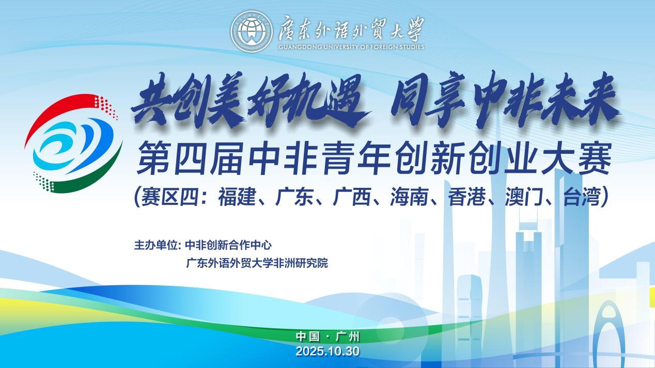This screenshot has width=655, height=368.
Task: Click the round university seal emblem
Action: pos(251,31)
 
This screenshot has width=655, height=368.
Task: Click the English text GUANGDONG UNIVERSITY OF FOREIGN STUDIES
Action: pos(351,47)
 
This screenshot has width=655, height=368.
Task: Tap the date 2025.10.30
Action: pos(327,351)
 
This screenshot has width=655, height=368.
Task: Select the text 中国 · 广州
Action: pos(327,337)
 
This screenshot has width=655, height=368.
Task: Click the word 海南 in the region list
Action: pos(409,197)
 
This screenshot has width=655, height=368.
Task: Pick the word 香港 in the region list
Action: pos(467,197)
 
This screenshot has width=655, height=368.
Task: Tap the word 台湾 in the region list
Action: pos(582,197)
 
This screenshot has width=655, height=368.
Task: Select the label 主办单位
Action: pos(156,245)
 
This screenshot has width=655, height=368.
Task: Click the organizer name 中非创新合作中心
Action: pos(228,245)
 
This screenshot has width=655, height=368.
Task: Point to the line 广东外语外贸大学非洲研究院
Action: pos(257,263)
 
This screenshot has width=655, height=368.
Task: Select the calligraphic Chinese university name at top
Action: pos(351,29)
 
